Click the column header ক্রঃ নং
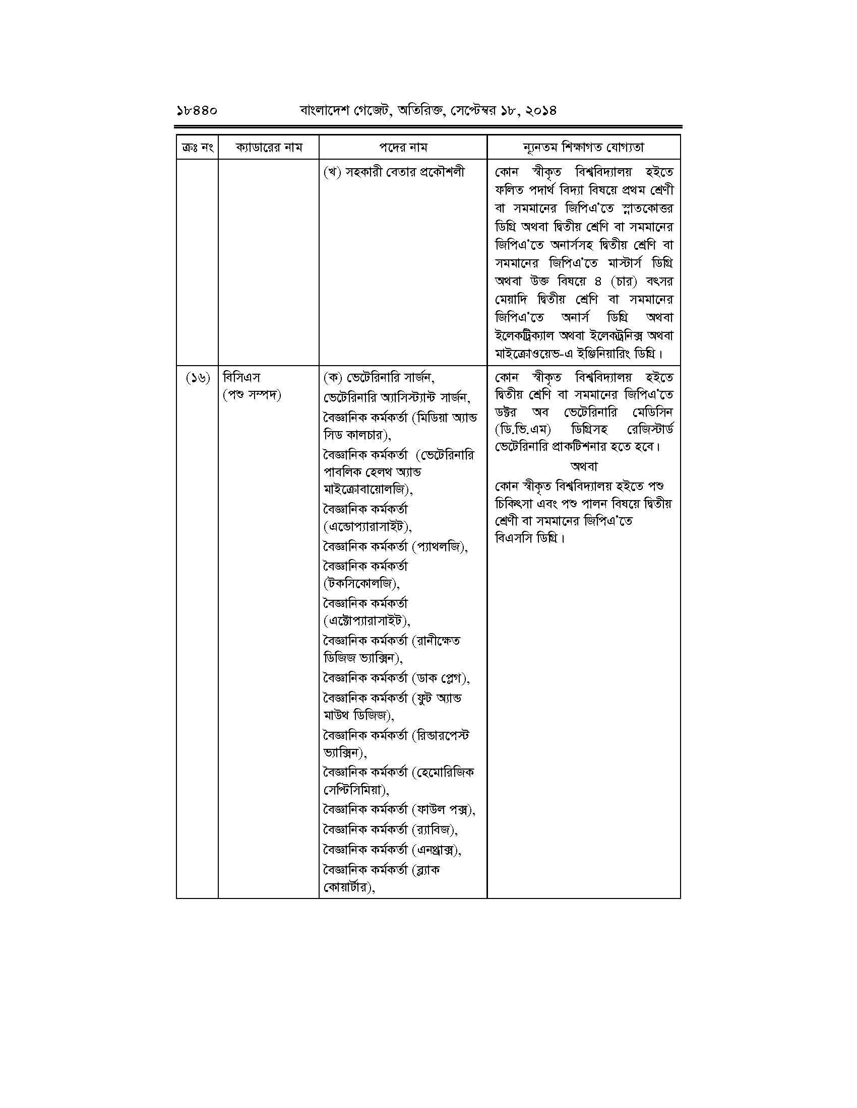(197, 148)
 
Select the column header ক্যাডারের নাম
(269, 148)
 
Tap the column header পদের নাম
(403, 148)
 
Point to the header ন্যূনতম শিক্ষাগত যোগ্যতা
(583, 148)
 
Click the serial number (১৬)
(197, 378)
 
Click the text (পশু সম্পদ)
(252, 395)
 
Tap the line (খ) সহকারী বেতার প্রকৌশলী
(394, 172)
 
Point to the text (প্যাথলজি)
(440, 547)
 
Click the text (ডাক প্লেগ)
(440, 678)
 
